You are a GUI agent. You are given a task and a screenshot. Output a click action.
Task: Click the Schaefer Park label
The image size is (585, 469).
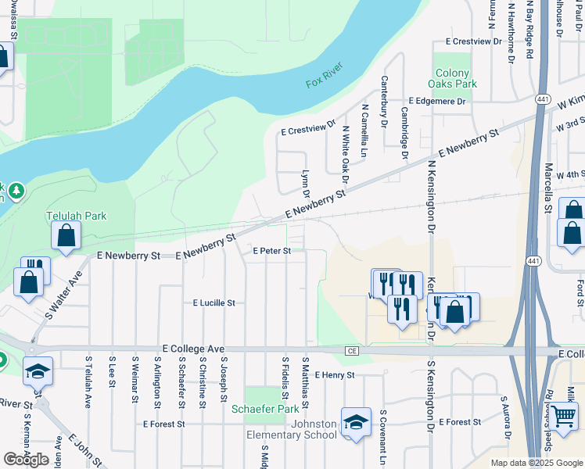coord(265,409)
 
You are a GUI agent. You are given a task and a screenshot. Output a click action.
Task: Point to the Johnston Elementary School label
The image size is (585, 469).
coord(292,429)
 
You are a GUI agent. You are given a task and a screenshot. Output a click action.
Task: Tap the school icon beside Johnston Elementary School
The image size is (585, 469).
coord(356,423)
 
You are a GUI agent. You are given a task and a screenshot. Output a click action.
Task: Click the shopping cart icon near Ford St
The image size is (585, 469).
coord(565,417)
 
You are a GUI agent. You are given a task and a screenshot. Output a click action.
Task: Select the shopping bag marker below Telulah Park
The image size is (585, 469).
coord(66,235)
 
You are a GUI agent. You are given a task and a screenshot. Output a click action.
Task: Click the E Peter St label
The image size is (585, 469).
coord(272,251)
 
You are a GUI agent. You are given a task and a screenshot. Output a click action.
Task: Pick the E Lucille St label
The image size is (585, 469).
coord(214,303)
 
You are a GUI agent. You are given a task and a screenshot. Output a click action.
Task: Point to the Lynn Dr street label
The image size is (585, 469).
coord(306,184)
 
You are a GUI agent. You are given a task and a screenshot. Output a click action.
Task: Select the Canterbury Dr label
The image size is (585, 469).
coord(384,101)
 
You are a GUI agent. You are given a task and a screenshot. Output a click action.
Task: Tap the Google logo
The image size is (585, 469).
coord(27,460)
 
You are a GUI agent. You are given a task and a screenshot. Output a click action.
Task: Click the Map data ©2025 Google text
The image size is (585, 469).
coord(536,463)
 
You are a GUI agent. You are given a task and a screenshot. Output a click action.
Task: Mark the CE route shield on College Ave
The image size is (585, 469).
coord(352,352)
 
